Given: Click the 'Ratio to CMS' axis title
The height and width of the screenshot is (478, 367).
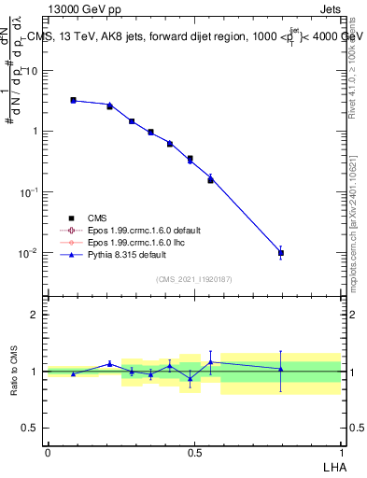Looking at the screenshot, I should pos(15,371).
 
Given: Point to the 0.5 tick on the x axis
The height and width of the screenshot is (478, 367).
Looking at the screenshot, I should pos(194,451).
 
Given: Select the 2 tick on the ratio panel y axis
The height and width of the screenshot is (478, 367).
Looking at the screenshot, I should pos(34,315).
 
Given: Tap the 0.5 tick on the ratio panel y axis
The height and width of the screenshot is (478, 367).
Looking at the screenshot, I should pos(30,429).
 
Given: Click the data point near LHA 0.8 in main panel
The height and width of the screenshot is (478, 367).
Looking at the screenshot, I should pos(281,253).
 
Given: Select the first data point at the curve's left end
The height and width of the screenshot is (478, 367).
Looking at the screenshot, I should pos(73,100).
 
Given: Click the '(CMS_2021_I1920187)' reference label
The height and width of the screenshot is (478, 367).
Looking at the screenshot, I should pos(193,279).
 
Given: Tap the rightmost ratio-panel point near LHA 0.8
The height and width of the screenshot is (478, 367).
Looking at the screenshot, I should pos(281,369).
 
